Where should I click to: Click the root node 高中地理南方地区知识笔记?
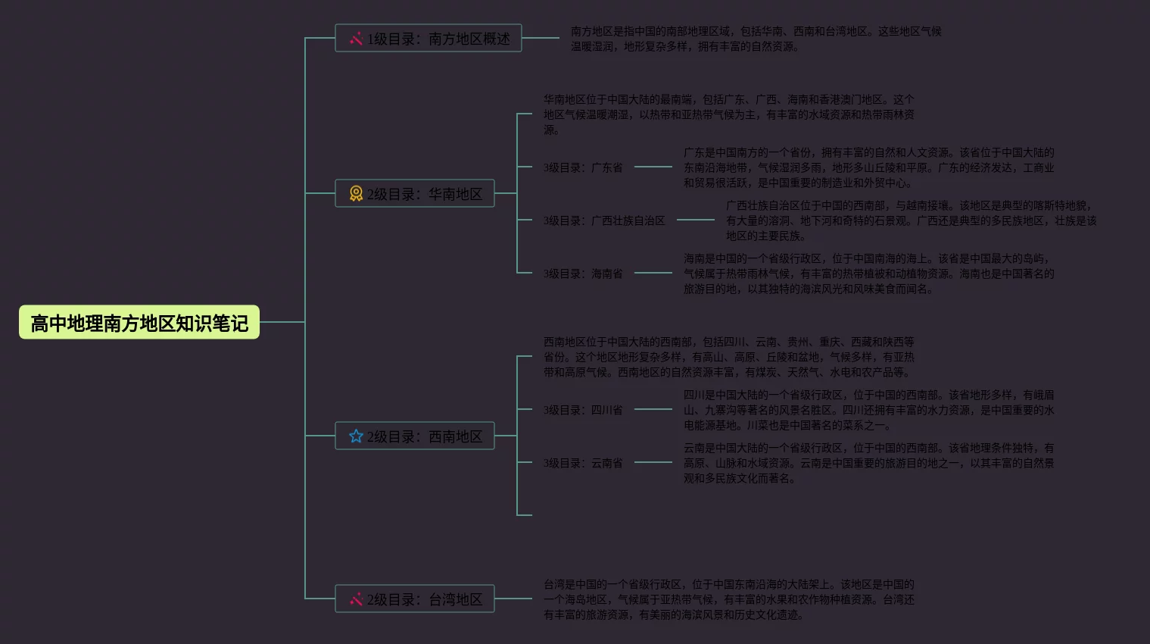pos(139,323)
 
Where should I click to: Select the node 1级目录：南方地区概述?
pos(429,39)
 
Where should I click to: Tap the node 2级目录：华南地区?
pos(415,194)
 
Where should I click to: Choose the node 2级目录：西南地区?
pos(415,436)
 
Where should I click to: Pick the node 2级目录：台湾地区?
pos(415,599)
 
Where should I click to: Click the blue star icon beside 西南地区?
pos(356,436)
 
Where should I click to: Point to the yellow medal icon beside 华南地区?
pos(356,194)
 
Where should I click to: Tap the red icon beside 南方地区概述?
pos(356,39)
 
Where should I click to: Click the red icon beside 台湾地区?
pos(356,599)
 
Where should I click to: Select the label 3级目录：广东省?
pos(583,167)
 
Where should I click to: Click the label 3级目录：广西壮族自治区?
pos(604,220)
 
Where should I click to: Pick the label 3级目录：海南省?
pos(583,274)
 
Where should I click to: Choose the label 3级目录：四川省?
pos(583,410)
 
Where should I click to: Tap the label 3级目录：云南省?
pos(583,463)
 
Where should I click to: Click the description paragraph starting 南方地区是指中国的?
pos(756,39)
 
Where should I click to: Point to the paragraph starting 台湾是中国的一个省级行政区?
pos(728,599)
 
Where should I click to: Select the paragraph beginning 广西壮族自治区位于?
pos(911,220)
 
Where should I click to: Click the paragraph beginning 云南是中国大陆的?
pos(868,463)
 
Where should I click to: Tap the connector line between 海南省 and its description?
pos(653,273)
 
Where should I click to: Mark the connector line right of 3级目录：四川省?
pos(653,409)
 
